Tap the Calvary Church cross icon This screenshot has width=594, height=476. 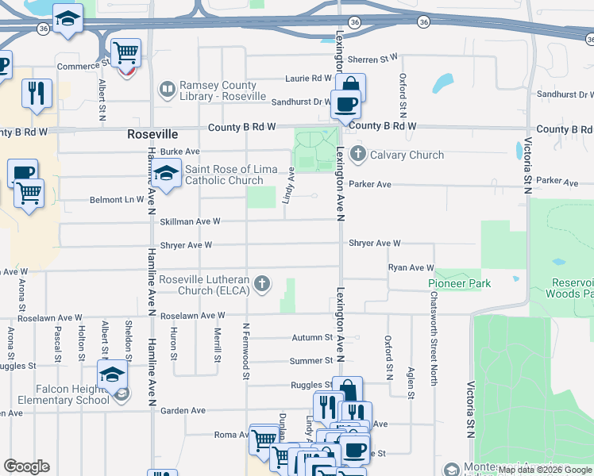(x=357, y=154)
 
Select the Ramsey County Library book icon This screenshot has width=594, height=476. (x=167, y=90)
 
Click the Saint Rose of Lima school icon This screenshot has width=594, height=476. (x=166, y=174)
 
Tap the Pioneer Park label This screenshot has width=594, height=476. (x=459, y=283)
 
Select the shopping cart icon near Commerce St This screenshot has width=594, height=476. (x=125, y=53)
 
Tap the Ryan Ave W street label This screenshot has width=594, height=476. (x=411, y=268)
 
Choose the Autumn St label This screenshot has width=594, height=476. (x=310, y=337)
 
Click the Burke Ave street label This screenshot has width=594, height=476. (x=179, y=152)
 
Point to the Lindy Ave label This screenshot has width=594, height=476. (x=290, y=185)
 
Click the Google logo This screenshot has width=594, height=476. (x=26, y=466)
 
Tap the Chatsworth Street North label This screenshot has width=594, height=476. (x=434, y=339)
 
